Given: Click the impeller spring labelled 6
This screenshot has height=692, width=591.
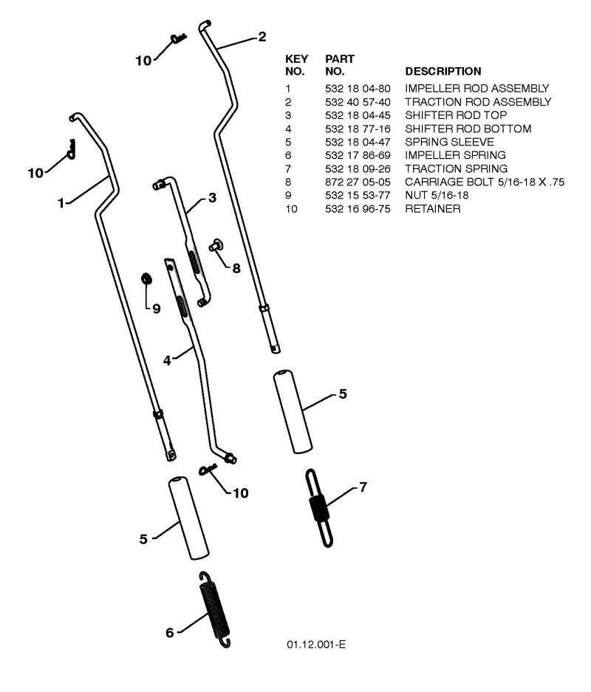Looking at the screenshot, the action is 214,609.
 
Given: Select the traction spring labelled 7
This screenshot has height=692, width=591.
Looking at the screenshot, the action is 318,508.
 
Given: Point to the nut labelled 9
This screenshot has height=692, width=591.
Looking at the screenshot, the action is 146,278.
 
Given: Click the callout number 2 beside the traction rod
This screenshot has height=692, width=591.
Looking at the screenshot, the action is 262,37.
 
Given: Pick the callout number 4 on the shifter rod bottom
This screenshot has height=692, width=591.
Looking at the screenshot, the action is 167,360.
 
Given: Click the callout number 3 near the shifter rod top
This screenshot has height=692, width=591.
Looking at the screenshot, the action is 212,197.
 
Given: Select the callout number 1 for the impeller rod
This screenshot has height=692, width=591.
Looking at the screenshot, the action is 61,203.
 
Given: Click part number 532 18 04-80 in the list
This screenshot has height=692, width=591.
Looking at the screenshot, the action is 358,89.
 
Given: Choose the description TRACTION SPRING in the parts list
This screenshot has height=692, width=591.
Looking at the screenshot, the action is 456,168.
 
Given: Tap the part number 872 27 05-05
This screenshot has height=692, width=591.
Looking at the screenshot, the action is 358,182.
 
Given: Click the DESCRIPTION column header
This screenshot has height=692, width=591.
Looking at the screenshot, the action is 443,71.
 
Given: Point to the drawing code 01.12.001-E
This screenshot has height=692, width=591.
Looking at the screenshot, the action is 316,644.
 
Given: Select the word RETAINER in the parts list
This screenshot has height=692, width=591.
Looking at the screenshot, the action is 433,209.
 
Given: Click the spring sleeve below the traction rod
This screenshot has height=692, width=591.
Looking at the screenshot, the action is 293,411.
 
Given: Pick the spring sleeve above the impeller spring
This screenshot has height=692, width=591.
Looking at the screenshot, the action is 188,518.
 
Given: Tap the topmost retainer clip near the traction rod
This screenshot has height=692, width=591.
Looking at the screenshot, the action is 179,39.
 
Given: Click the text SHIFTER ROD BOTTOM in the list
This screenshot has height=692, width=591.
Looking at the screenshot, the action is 468,129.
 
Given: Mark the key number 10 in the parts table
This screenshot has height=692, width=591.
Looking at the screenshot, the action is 291,209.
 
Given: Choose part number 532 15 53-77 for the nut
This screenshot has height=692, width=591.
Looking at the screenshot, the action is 358,195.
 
